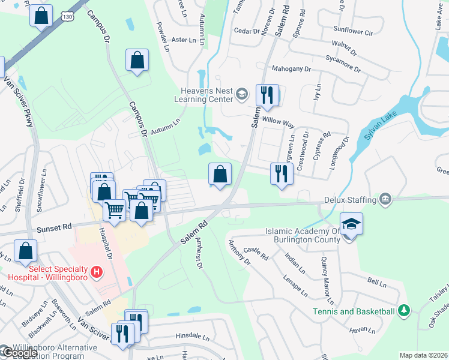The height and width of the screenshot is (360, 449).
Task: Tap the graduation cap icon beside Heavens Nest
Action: [x=241, y=93]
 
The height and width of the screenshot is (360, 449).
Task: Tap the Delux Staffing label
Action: [x=349, y=199]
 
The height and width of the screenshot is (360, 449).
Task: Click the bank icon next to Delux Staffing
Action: [x=385, y=199]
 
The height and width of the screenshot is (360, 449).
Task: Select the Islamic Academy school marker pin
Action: [x=351, y=225]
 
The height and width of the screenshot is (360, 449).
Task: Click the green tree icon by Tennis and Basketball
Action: [x=404, y=310]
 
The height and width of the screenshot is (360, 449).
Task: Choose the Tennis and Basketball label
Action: [x=354, y=311]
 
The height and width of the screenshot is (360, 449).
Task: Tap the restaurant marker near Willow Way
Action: [x=267, y=95]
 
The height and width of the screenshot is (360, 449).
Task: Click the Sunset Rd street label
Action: [x=54, y=227]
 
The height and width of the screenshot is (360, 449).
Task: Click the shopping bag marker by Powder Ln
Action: [x=137, y=60]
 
